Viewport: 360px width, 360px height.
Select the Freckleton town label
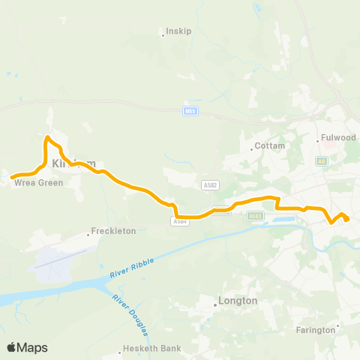114,231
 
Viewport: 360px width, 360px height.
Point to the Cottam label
271,146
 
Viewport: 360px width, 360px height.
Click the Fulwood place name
337,137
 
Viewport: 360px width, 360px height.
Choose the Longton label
237,301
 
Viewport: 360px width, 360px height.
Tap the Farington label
316,330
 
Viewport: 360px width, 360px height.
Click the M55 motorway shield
190,112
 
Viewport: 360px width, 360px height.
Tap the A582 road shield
211,184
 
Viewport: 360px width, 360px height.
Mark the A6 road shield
322,160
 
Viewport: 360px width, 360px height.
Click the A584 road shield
178,221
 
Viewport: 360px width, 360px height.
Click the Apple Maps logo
27,347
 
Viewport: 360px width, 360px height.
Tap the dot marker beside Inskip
163,33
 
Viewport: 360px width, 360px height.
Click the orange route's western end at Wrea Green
12,177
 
